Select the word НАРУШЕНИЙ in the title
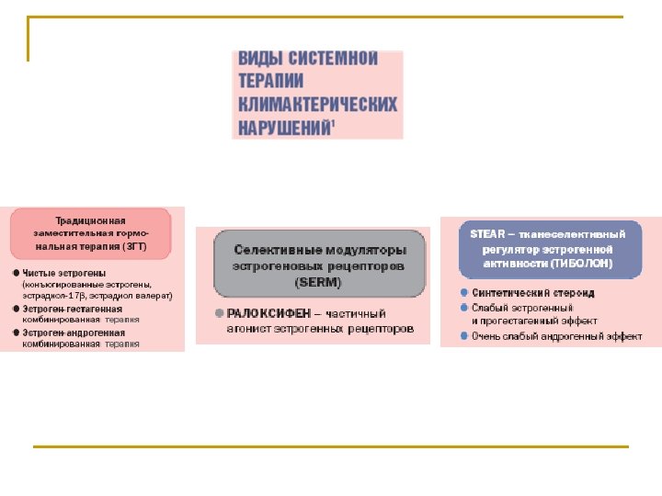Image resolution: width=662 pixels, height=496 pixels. coord(284,127)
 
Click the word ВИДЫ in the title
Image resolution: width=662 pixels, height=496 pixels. coord(258,59)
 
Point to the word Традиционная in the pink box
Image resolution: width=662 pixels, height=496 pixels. coord(91,221)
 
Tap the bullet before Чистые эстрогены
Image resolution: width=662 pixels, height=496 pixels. coord(17,274)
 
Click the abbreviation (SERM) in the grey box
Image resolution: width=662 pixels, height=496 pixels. coord(319,281)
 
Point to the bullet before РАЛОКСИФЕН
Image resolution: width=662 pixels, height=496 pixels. coord(219,313)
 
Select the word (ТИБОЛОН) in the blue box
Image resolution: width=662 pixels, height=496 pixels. coord(582,264)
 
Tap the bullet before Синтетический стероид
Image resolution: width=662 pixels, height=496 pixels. coord(464,293)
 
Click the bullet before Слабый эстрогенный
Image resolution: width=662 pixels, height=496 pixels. coord(464,307)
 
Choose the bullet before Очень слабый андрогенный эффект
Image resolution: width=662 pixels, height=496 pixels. coord(464,336)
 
